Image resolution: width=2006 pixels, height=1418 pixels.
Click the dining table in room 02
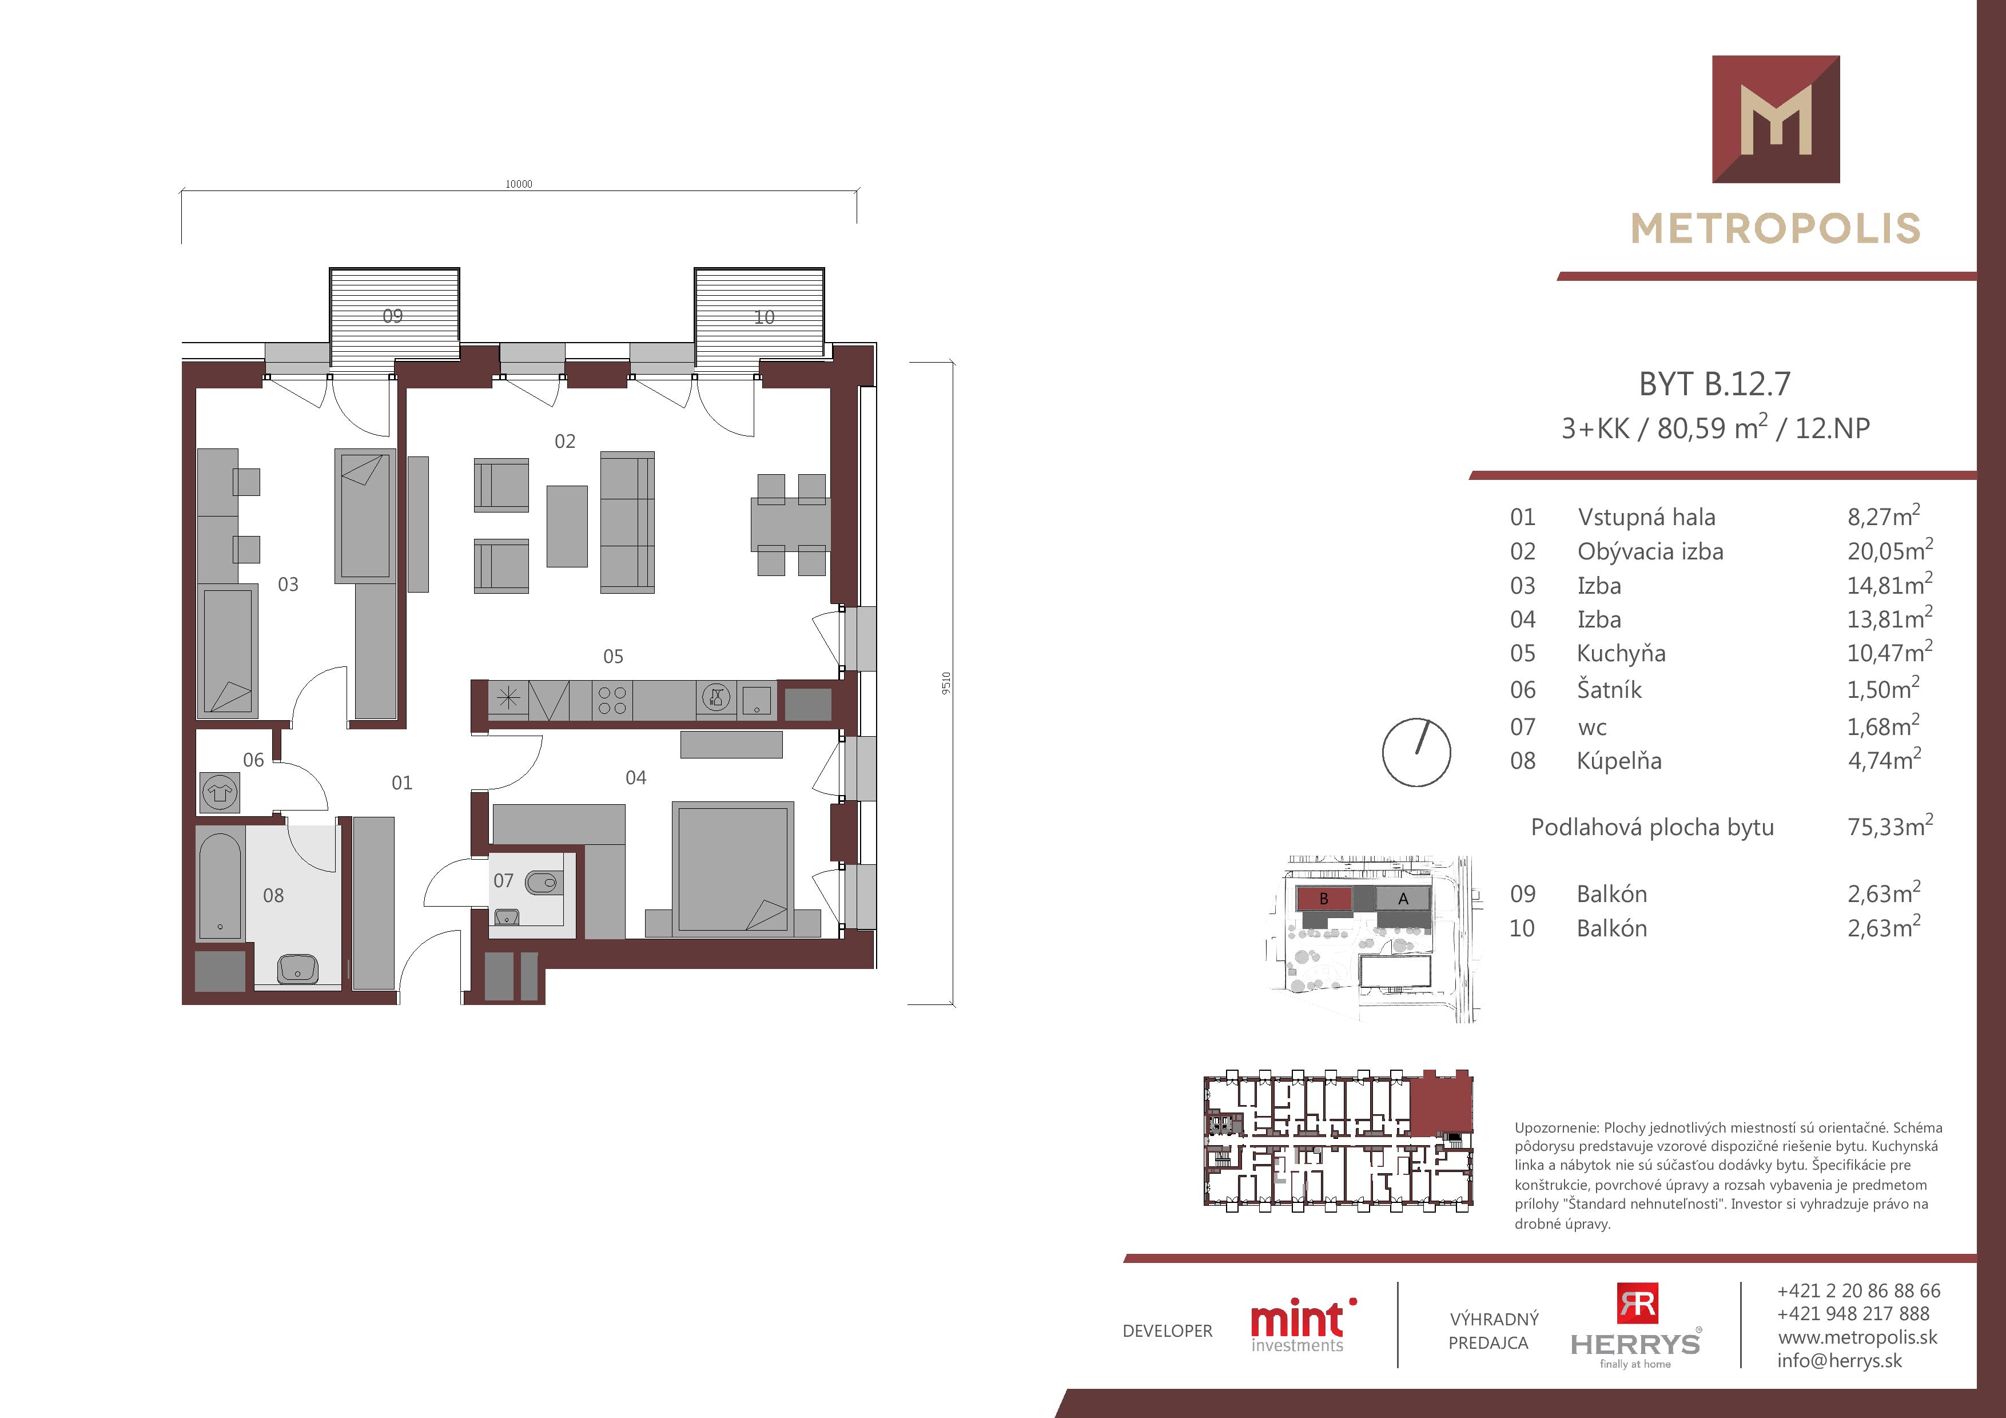791,524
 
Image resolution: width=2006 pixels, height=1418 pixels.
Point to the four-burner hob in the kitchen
612,701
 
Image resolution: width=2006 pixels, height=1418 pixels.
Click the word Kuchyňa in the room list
1622,654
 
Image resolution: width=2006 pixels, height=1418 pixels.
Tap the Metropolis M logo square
1776,119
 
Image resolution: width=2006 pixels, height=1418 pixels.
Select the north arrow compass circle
1416,752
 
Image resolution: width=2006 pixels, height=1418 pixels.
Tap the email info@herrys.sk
1839,1360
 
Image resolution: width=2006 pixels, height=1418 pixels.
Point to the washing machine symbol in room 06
219,792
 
